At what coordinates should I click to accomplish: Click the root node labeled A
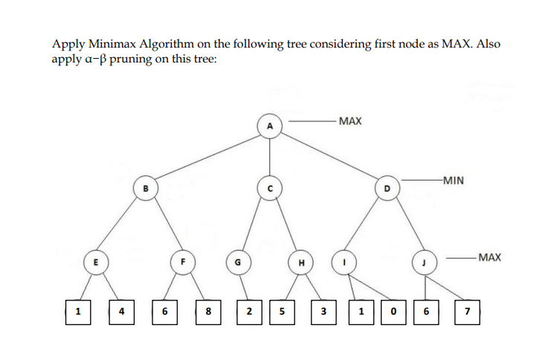coord(271,127)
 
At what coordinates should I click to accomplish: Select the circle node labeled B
coord(145,189)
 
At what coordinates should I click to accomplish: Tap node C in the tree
coord(271,189)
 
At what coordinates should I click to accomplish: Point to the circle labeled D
coord(387,189)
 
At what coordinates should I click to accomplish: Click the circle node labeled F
coord(182,261)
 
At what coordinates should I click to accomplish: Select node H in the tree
coord(300,262)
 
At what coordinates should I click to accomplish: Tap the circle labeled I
coord(344,261)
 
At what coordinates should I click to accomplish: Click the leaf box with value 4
coord(120,310)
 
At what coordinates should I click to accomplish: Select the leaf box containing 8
coord(209,310)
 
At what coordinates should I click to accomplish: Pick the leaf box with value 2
coord(249,310)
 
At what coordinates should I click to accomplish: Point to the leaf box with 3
coord(323,310)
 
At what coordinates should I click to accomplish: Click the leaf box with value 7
coord(466,310)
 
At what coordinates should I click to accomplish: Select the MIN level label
coord(452,179)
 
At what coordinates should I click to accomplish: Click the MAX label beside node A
coord(349,120)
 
